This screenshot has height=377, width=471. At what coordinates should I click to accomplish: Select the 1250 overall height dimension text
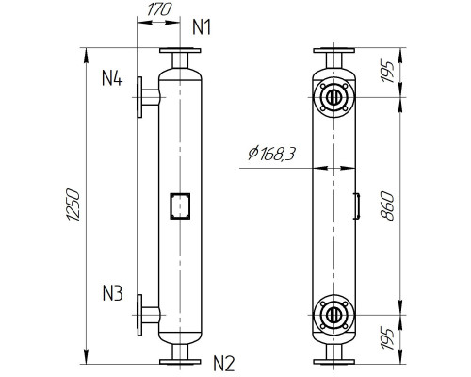click(x=78, y=206)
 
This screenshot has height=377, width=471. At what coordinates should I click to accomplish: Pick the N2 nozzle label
click(x=223, y=361)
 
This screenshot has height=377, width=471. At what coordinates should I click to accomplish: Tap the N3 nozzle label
click(x=112, y=293)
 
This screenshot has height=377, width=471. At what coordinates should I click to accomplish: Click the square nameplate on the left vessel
click(x=179, y=205)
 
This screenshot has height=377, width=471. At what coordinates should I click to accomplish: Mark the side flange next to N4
click(x=141, y=96)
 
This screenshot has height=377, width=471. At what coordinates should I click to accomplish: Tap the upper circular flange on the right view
click(x=334, y=96)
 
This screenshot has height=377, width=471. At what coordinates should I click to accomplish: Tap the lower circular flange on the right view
click(x=334, y=314)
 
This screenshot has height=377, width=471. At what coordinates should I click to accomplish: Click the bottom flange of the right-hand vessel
click(x=334, y=360)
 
